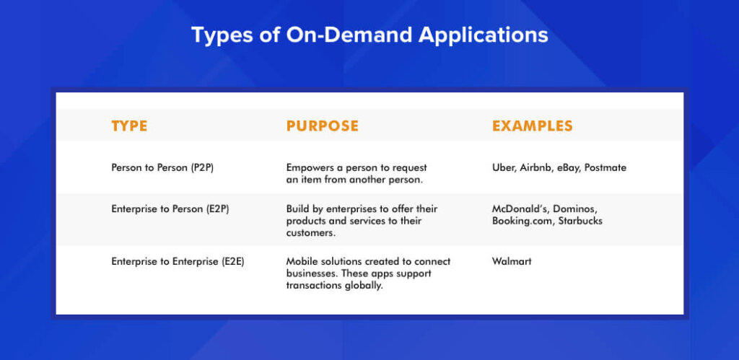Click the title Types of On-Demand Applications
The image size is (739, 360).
369,35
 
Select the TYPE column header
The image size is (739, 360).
129,126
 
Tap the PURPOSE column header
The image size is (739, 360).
323,126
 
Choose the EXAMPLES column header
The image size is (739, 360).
533,126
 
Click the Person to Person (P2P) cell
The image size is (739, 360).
162,168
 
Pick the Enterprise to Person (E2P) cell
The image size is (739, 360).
170,208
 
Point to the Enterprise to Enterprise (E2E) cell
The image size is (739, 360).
178,261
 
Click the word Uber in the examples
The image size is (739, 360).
502,168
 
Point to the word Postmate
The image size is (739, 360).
605,168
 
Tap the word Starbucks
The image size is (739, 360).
580,221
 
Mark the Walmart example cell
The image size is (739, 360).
512,261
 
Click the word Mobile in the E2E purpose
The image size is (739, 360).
299,261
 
